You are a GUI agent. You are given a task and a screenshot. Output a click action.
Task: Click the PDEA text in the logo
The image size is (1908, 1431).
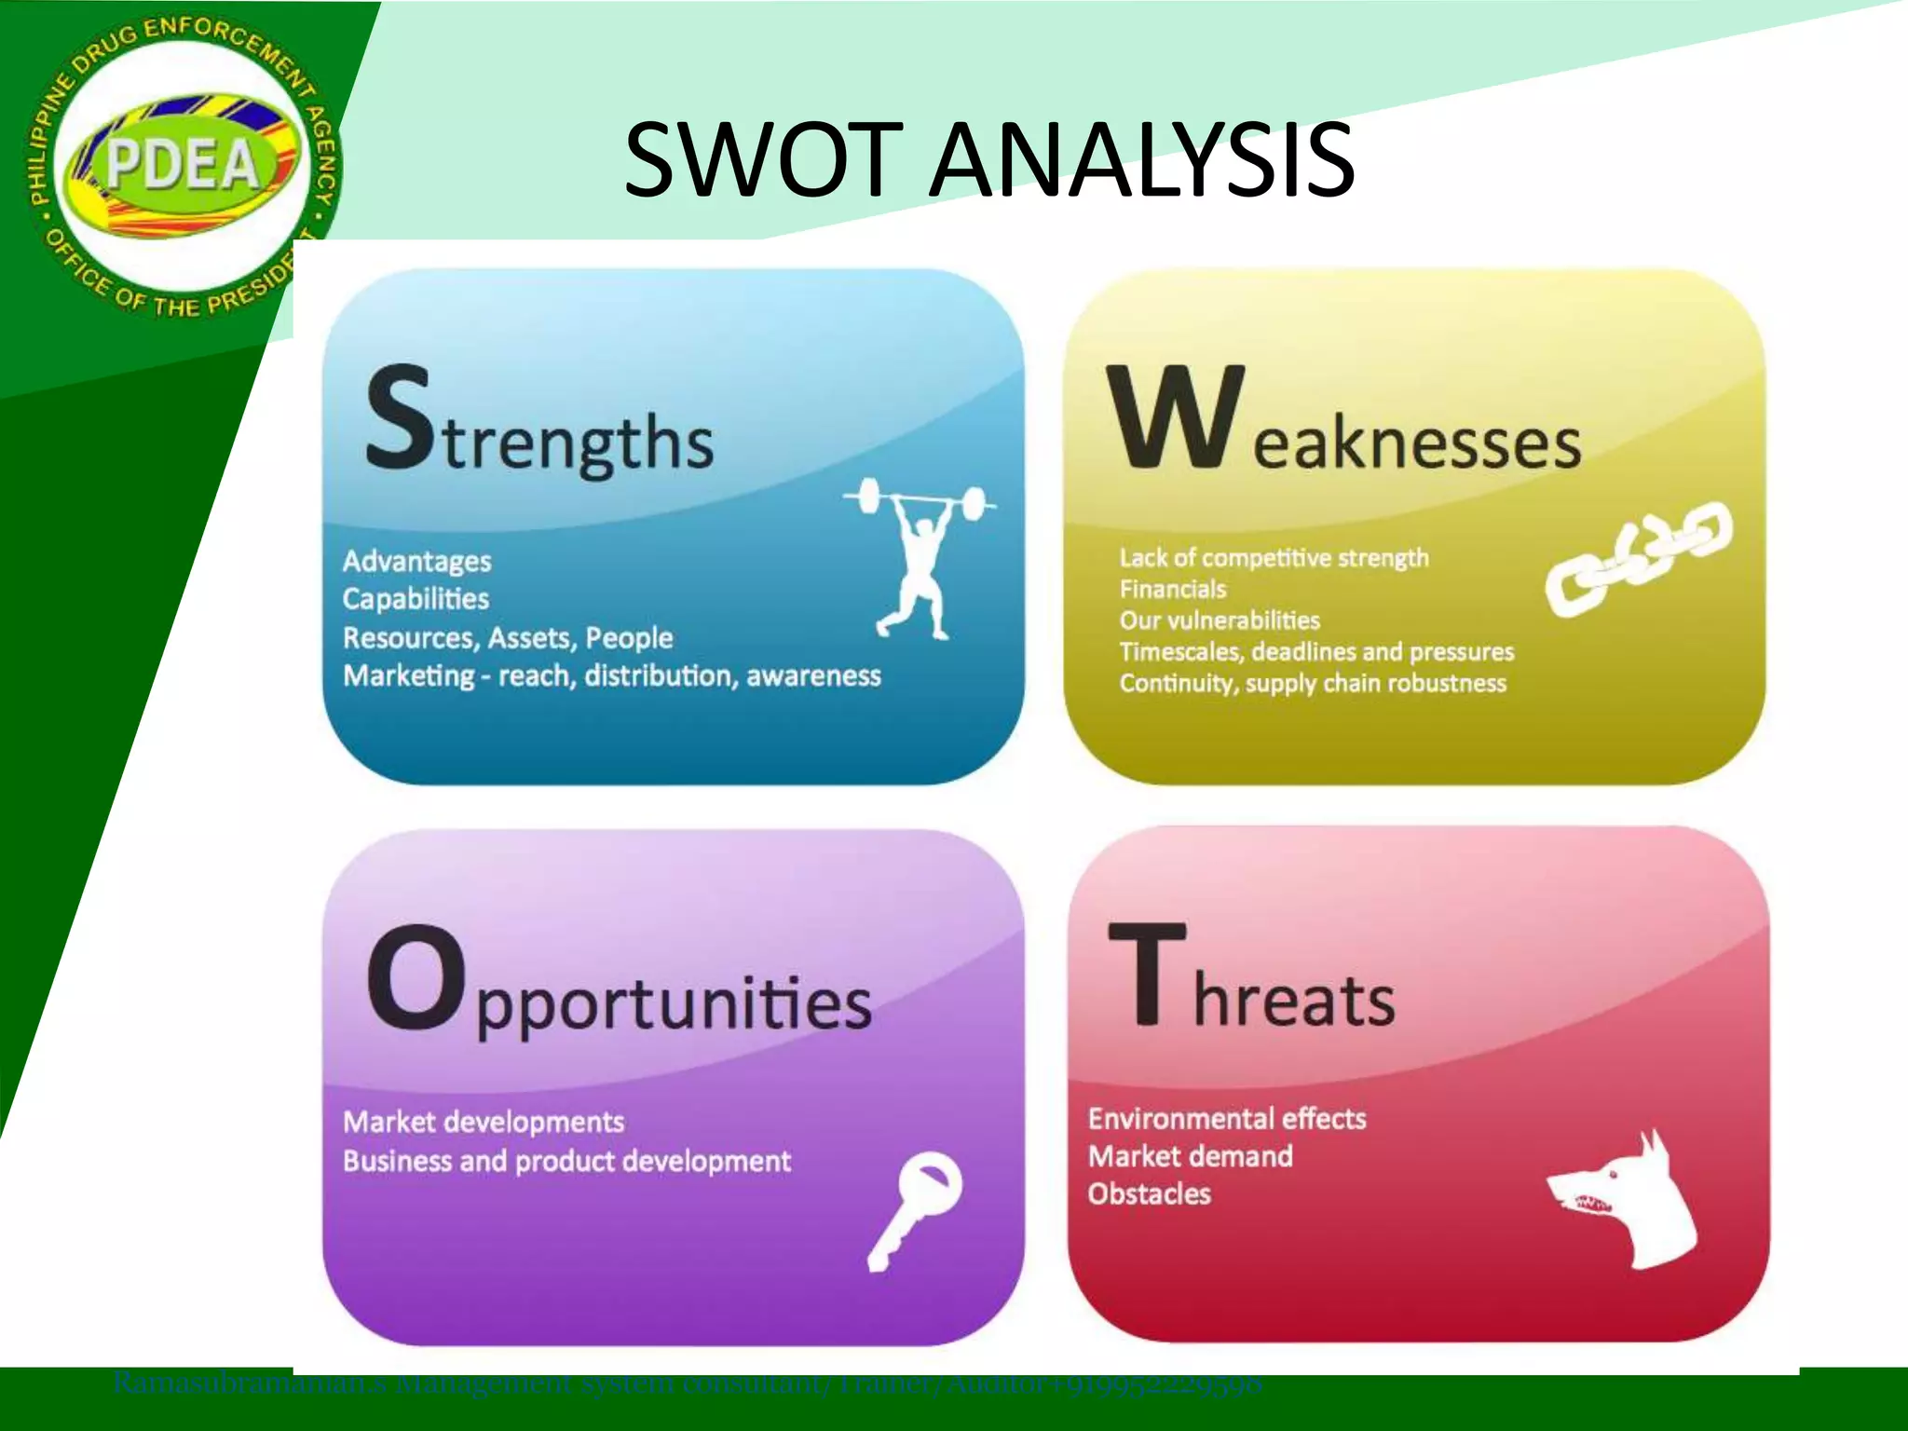183,165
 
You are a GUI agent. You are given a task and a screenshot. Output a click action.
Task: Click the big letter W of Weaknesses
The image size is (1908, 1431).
1176,416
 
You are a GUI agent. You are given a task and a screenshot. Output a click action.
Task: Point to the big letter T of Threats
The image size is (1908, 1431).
1149,974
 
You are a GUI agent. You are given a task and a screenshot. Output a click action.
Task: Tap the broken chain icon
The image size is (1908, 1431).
1639,557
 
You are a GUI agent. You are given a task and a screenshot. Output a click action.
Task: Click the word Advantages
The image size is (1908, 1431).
416,561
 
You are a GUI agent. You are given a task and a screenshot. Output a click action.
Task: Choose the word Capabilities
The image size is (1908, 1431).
416,599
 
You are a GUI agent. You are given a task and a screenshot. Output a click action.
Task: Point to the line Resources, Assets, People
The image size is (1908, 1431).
508,638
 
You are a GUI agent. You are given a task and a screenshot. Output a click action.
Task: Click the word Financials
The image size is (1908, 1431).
1173,589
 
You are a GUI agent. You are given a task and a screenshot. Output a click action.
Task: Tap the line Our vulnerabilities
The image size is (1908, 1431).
1220,620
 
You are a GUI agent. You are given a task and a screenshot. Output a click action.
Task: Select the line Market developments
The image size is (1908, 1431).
484,1122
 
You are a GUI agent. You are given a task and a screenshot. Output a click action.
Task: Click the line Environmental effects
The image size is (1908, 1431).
1227,1118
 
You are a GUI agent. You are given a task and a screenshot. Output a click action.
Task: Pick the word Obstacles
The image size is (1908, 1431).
1150,1194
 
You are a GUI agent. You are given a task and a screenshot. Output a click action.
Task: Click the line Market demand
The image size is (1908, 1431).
1191,1156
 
